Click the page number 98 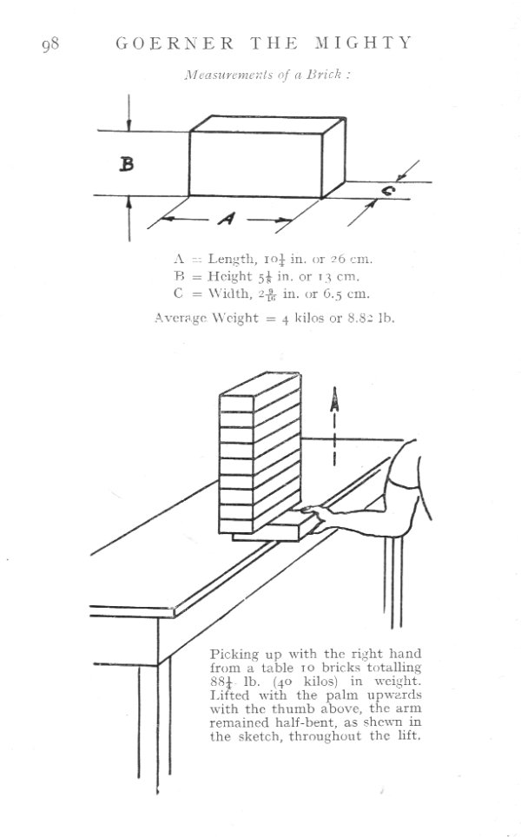49,44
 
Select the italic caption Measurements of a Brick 267,75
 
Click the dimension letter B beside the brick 127,163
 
